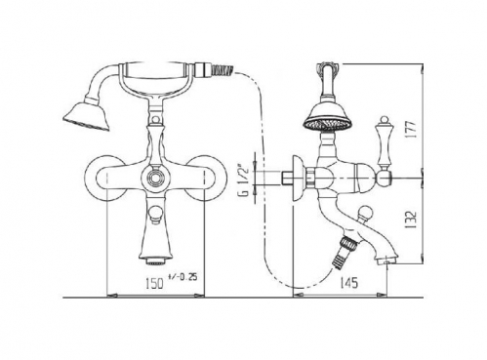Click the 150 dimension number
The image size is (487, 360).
tap(154, 284)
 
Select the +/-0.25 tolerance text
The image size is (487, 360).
tap(183, 277)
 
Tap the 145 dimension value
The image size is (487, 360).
tap(348, 283)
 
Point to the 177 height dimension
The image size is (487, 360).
tap(411, 130)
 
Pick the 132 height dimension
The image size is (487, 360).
tap(411, 220)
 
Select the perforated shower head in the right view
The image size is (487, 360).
tap(328, 117)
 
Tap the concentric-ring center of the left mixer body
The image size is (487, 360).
tap(153, 178)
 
